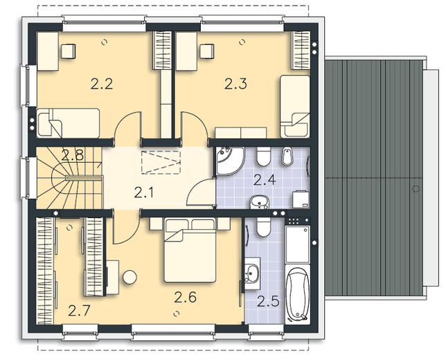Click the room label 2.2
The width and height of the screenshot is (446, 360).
(102, 84)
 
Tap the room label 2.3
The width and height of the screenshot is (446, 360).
(235, 84)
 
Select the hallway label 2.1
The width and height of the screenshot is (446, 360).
(143, 192)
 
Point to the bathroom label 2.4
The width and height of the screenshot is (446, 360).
(265, 180)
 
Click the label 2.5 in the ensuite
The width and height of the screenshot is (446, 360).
(268, 301)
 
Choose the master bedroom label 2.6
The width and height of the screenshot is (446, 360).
(186, 298)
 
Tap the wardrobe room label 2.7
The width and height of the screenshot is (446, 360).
(79, 311)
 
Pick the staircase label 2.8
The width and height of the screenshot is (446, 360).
(73, 155)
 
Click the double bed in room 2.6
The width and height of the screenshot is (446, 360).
(190, 250)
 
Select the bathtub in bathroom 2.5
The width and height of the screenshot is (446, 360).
(298, 295)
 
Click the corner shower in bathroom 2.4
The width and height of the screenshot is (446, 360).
(229, 161)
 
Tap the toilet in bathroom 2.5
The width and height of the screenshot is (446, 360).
(263, 228)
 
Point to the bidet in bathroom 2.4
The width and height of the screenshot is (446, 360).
(287, 156)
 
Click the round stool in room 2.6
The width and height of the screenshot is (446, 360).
(130, 277)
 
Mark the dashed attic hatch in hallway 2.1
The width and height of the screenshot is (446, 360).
(161, 163)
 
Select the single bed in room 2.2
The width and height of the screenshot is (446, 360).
(69, 123)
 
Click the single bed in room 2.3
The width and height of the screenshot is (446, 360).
(295, 107)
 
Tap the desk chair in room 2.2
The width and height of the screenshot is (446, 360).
(69, 52)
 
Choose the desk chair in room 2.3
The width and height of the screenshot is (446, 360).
(207, 52)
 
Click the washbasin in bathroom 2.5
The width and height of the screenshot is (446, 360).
(251, 273)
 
